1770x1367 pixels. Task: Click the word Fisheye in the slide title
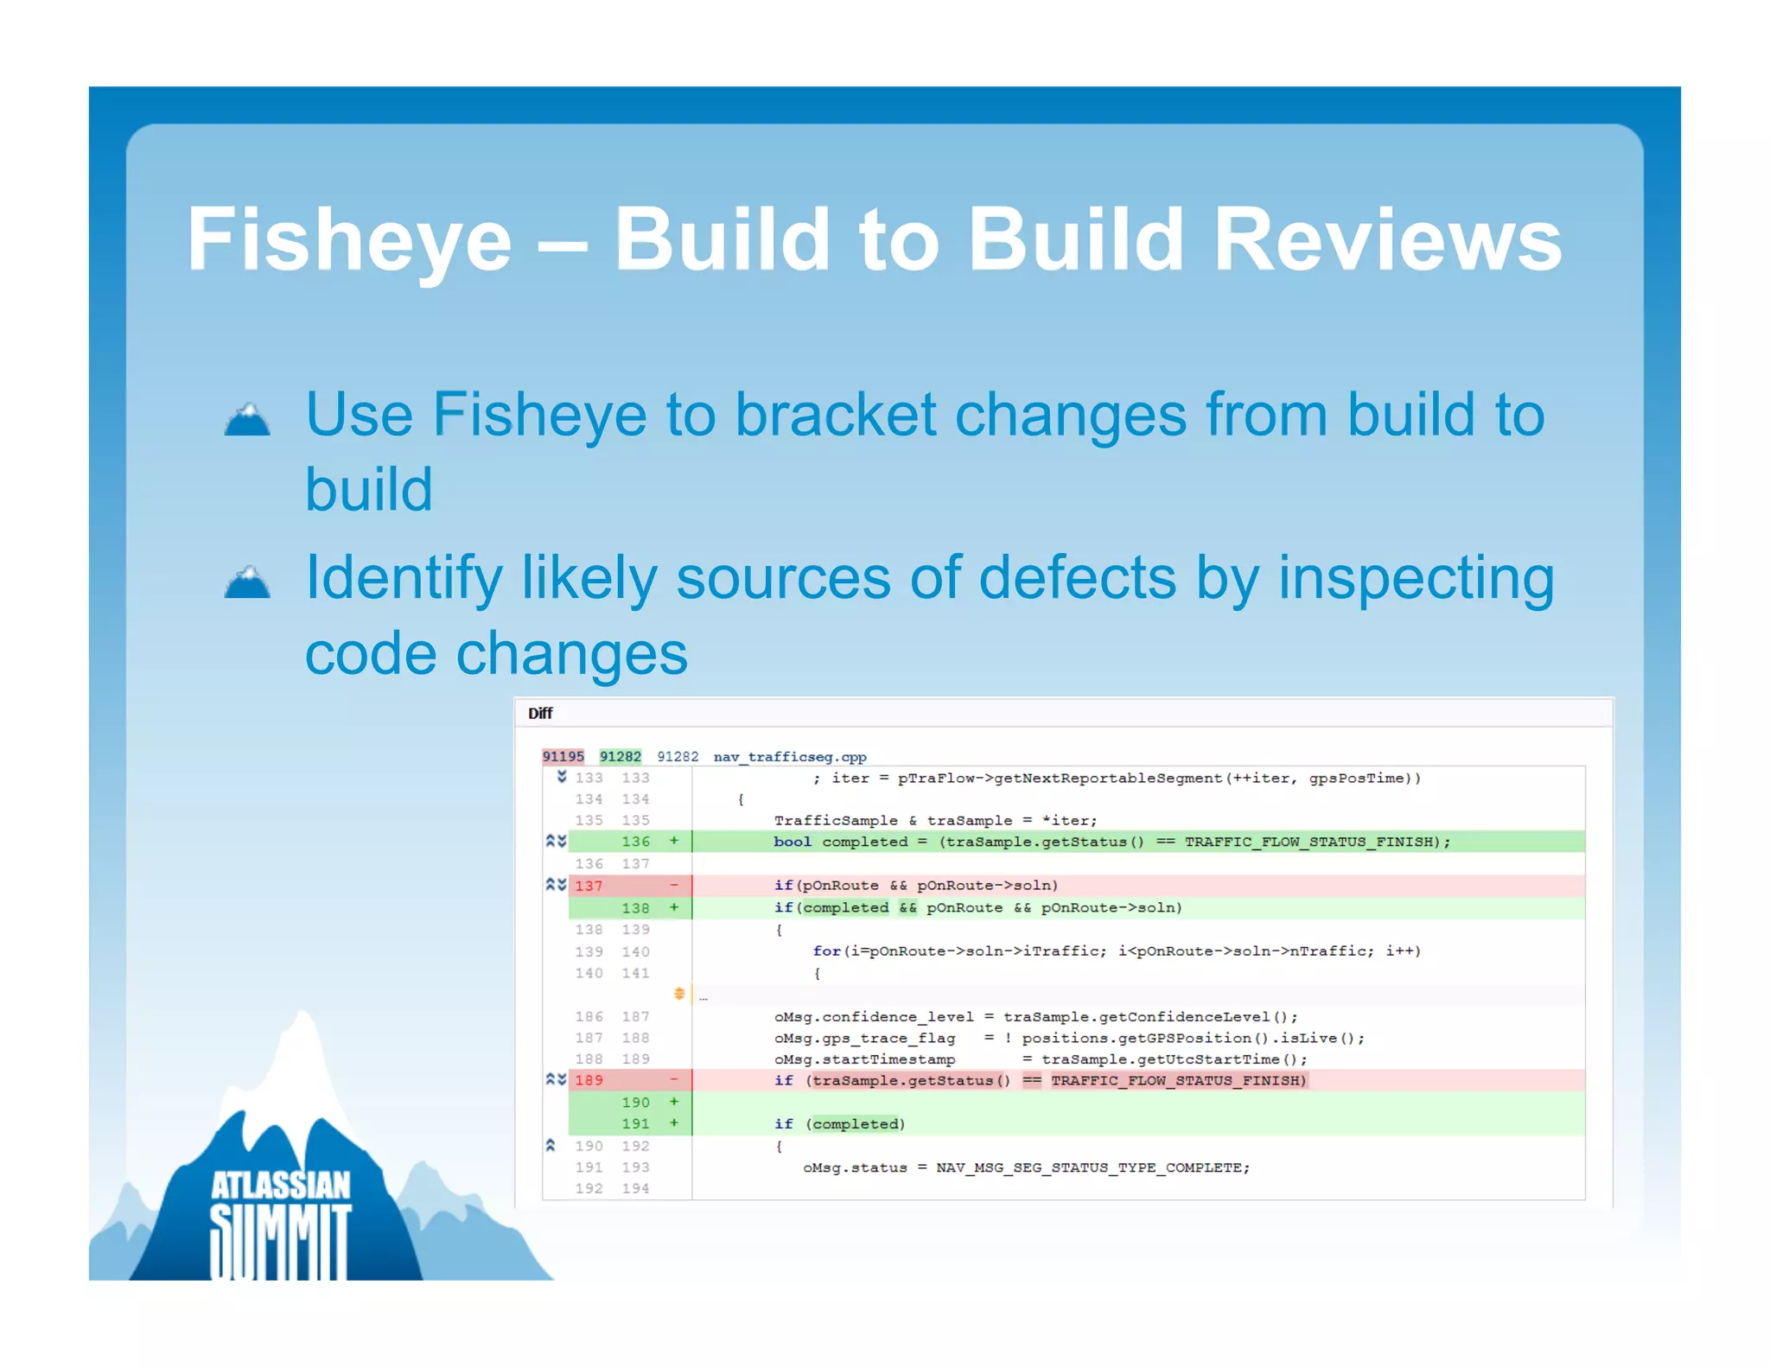(x=349, y=241)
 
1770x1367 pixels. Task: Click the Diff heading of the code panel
(x=540, y=713)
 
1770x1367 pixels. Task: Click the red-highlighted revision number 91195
(x=563, y=756)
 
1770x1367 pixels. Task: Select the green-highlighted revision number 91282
(x=620, y=756)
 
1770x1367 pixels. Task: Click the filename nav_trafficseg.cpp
(x=789, y=756)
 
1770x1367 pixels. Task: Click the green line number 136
(x=635, y=841)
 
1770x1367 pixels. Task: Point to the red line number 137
(x=589, y=885)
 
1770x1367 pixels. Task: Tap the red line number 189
(x=589, y=1079)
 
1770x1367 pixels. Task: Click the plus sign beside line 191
(x=673, y=1122)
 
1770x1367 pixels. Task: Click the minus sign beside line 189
(x=673, y=1079)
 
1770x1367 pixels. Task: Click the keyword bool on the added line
(x=792, y=841)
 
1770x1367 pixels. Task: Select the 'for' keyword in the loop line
(x=825, y=951)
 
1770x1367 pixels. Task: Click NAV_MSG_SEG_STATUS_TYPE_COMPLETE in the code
(x=1092, y=1167)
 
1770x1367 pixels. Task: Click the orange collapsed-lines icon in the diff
(x=679, y=994)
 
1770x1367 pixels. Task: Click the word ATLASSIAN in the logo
(x=281, y=1186)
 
